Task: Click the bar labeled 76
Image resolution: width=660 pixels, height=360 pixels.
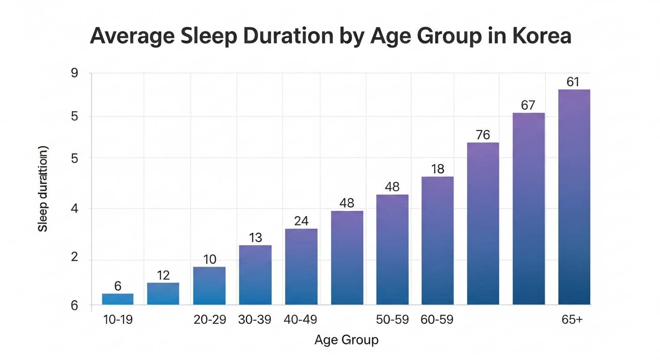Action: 483,223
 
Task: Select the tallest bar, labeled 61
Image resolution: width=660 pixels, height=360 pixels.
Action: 574,197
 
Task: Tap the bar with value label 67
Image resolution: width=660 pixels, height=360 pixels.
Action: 529,209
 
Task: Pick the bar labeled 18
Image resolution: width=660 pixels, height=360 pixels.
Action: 437,240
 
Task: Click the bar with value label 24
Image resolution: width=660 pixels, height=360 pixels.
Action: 301,267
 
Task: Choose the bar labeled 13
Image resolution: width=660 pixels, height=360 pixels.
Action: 255,275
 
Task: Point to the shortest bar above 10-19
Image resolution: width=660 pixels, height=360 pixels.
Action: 118,299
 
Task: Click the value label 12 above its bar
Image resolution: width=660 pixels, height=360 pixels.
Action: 163,276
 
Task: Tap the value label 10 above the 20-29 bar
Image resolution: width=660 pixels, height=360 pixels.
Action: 210,259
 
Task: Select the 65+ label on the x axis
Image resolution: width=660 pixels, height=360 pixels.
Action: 572,320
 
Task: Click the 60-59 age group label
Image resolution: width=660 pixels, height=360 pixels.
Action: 437,320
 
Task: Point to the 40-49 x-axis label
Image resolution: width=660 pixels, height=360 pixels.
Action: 300,320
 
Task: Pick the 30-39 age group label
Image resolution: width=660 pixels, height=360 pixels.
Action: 255,320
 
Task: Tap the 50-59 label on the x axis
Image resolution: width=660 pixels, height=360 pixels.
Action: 392,320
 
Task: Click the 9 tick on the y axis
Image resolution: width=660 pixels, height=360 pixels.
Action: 75,73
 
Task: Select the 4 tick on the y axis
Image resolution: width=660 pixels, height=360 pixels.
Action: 75,209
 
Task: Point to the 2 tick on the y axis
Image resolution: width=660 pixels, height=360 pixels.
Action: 75,257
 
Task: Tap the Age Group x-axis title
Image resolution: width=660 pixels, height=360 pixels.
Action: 346,340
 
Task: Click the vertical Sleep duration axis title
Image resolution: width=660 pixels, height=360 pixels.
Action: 43,189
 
